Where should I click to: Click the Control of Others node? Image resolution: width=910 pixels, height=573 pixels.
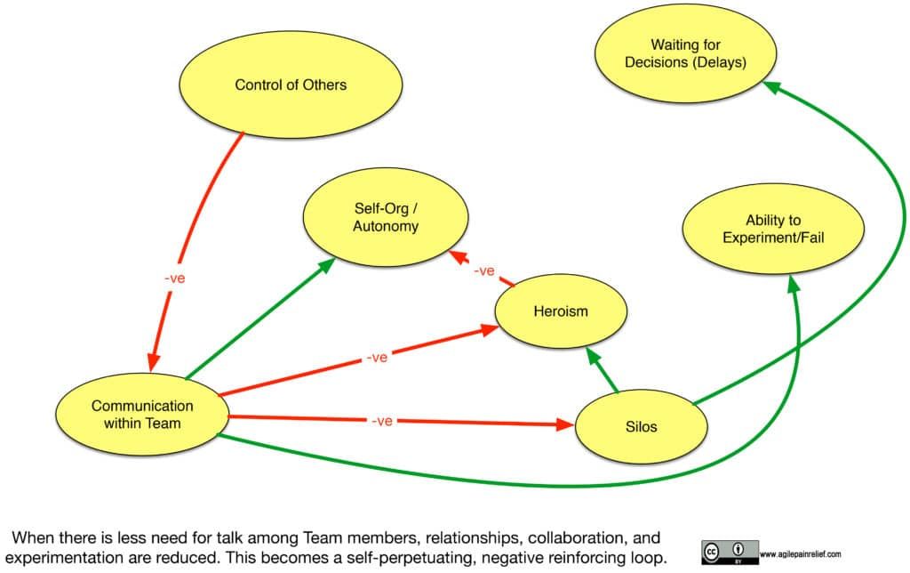(290, 85)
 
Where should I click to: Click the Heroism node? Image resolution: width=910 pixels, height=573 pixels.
(561, 311)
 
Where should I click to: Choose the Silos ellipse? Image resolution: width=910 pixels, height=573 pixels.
(641, 426)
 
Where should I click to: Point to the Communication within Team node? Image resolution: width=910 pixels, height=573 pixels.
(142, 415)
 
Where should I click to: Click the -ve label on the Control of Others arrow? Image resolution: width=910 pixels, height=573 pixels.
(175, 278)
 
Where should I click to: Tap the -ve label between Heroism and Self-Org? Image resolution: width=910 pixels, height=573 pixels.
(483, 270)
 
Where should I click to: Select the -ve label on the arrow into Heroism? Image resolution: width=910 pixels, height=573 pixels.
(377, 358)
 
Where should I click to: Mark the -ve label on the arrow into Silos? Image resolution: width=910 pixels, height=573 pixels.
(382, 421)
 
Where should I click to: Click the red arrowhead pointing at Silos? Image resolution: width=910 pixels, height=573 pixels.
(565, 425)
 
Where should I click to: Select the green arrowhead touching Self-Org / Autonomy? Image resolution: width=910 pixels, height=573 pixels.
(328, 264)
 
